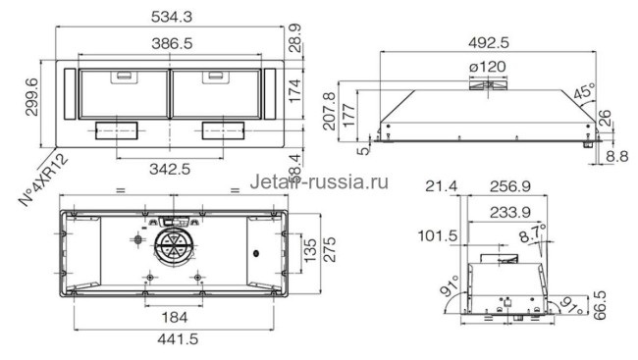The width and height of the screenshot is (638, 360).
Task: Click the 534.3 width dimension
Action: tap(172, 16)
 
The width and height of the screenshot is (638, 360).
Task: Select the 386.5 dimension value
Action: tap(172, 44)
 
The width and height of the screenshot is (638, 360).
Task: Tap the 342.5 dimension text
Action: tap(172, 169)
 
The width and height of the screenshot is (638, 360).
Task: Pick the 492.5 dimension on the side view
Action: tap(489, 42)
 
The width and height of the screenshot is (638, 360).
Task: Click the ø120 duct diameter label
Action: tap(487, 66)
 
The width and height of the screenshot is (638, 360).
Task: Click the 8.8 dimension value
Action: tap(618, 155)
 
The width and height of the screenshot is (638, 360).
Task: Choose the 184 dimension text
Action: tap(173, 316)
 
